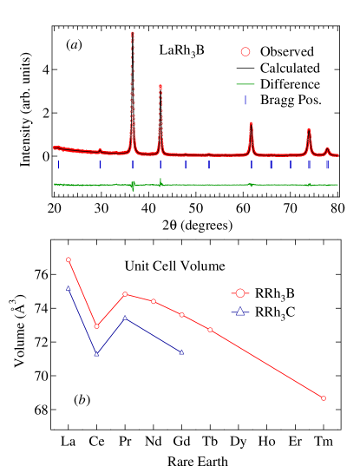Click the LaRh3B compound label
point(182,51)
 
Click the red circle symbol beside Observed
point(245,51)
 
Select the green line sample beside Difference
point(245,84)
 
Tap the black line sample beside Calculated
point(245,68)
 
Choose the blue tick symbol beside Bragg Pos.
point(245,101)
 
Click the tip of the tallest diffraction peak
point(132,33)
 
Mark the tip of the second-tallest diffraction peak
point(160,85)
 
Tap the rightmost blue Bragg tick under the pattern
point(327,164)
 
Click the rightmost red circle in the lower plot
point(324,398)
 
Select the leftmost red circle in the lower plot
point(69,259)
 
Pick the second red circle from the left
point(96,326)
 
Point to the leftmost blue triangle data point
point(69,288)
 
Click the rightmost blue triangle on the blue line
point(182,351)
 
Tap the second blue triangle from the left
point(96,354)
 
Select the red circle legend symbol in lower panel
point(240,294)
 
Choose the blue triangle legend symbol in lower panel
point(240,312)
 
